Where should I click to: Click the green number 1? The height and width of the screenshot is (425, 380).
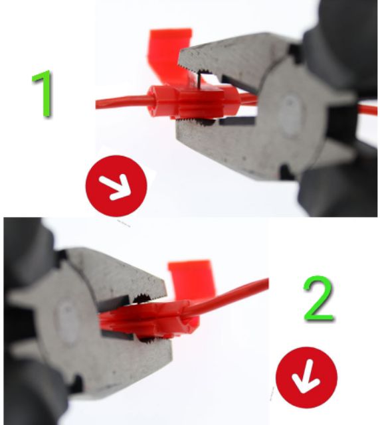pyautogui.click(x=43, y=94)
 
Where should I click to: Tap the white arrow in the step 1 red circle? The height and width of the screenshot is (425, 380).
pyautogui.click(x=116, y=187)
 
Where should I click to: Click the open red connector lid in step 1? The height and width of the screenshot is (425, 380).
pyautogui.click(x=170, y=54)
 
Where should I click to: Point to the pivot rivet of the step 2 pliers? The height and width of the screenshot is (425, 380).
pyautogui.click(x=67, y=322)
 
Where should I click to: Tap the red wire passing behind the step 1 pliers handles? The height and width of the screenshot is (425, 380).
pyautogui.click(x=367, y=110)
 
